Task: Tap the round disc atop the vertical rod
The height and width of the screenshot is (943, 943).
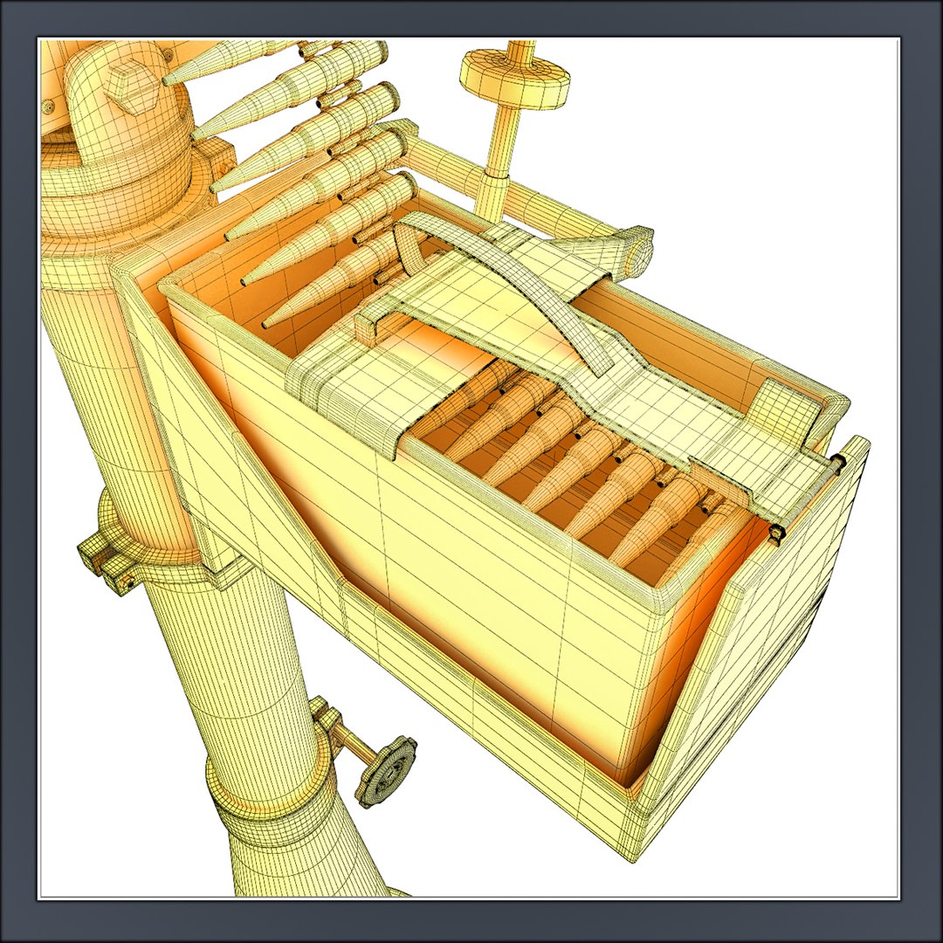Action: click(x=514, y=74)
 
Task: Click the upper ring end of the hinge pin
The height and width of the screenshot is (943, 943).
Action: click(x=839, y=460)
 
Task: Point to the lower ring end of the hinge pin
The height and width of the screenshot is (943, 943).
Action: click(x=775, y=533)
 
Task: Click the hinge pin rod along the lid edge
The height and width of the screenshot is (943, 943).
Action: click(x=808, y=498)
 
